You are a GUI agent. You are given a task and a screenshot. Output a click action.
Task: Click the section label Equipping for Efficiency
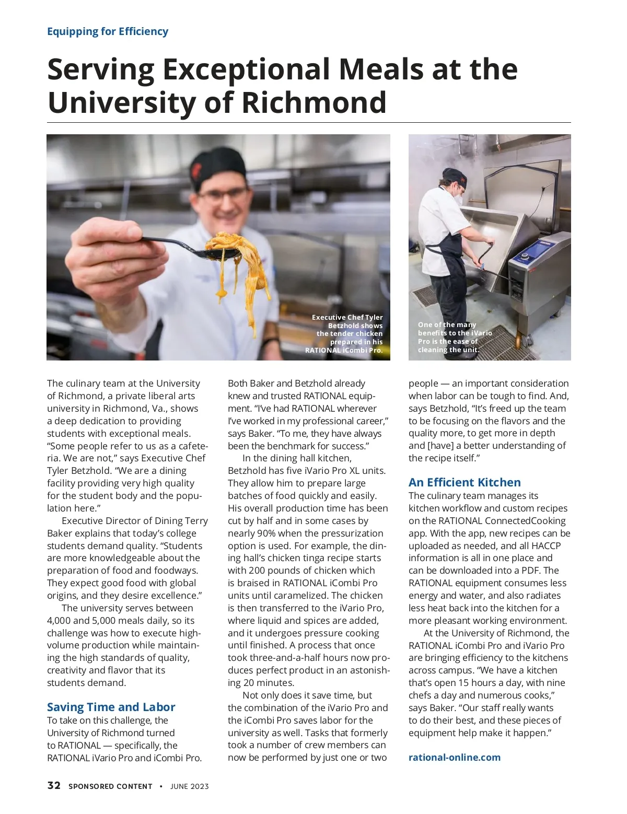(108, 31)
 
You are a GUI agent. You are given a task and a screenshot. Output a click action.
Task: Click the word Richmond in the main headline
(313, 102)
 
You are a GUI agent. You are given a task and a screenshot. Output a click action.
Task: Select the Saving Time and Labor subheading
(111, 707)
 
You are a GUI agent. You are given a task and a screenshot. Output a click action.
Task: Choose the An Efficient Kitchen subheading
(465, 482)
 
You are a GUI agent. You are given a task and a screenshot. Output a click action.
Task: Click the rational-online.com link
(454, 757)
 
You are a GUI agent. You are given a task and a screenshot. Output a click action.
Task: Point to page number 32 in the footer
(54, 786)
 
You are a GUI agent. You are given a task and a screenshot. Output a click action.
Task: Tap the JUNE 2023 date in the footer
(189, 786)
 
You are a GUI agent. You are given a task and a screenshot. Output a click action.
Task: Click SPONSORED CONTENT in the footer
(110, 786)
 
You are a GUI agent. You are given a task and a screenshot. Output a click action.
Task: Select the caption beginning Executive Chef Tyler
(346, 333)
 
